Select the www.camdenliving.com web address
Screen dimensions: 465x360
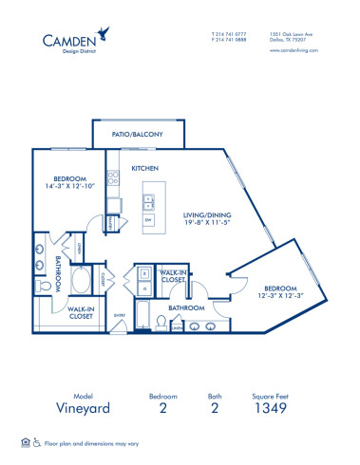tap(291, 52)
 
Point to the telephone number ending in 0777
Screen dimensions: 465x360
tap(228, 33)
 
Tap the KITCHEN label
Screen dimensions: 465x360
tap(145, 168)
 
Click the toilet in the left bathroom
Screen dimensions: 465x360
tap(40, 285)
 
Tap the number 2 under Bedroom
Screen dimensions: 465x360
tap(162, 411)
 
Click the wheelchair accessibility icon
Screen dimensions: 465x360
tap(36, 442)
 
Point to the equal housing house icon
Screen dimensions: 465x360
tap(24, 442)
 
